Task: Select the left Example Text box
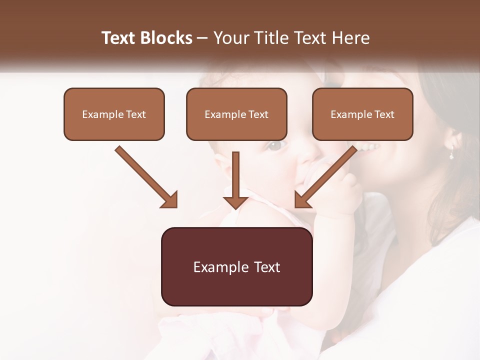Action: tap(114, 114)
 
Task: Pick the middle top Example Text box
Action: tap(236, 114)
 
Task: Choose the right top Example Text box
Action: tap(362, 114)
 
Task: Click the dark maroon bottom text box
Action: tap(236, 267)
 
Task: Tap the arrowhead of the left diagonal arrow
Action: tap(170, 200)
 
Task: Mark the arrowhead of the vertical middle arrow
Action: tap(235, 201)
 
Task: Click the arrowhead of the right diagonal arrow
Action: tap(302, 200)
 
